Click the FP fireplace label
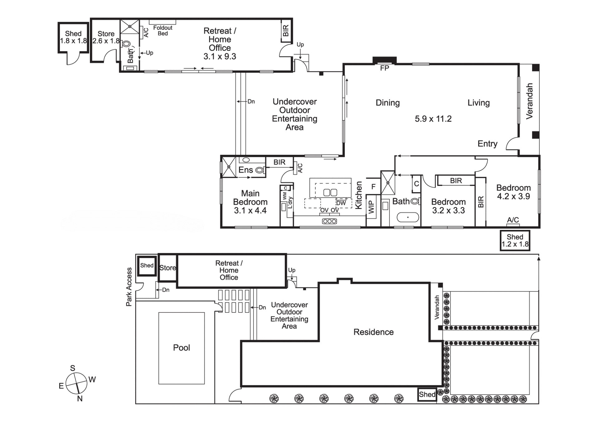tap(385, 68)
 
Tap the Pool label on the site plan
tap(182, 348)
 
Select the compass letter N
tap(80, 399)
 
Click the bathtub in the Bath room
tap(408, 217)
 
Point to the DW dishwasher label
tap(341, 203)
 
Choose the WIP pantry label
tap(371, 207)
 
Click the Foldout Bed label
tap(163, 31)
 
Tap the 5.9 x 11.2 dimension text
tap(433, 119)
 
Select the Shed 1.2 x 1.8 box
tap(515, 241)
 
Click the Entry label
tap(488, 144)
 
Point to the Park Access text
tap(129, 287)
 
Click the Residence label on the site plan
tap(373, 332)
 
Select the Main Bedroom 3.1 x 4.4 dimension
tap(250, 211)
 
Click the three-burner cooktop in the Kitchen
tap(330, 221)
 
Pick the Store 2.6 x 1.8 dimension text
tap(106, 41)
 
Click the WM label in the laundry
tap(285, 196)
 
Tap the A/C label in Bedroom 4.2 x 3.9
tap(513, 220)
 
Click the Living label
tap(479, 103)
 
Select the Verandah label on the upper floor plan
tap(529, 101)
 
